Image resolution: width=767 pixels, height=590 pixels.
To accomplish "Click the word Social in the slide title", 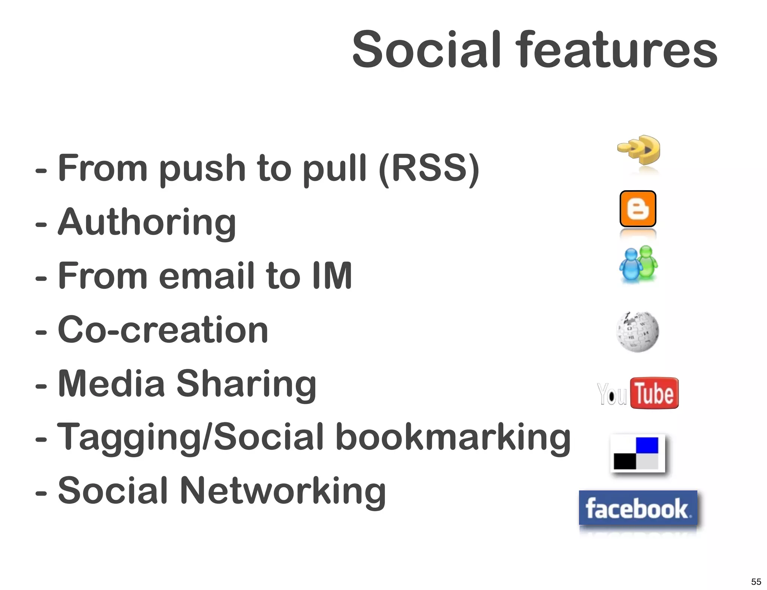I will (426, 49).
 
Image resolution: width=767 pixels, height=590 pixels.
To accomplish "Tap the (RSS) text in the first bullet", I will (429, 168).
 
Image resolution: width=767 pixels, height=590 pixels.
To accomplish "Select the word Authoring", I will (147, 222).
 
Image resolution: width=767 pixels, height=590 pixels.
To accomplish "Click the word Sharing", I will (246, 384).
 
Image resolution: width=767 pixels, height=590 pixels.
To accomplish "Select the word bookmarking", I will (453, 437).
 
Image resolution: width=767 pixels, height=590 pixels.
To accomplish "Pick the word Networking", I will (283, 491).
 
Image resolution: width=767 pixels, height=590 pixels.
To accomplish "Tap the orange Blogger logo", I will (638, 209).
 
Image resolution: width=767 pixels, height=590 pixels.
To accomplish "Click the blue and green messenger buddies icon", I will (639, 264).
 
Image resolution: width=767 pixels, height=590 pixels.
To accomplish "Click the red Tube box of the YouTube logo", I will (654, 393).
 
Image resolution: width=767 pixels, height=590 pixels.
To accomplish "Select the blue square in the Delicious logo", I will (647, 445).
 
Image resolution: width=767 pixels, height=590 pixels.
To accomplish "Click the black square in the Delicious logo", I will (625, 461).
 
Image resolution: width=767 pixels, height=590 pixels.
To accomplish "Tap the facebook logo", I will (638, 508).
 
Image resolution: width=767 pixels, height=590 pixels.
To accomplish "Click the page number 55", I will (756, 581).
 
